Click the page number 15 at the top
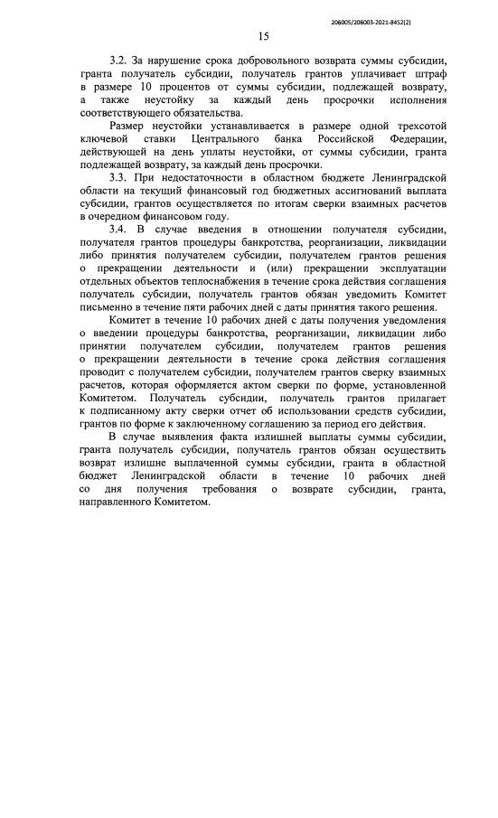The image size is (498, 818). coord(263,37)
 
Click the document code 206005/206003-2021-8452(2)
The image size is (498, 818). coord(417,17)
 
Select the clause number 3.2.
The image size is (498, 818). coord(118,60)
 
